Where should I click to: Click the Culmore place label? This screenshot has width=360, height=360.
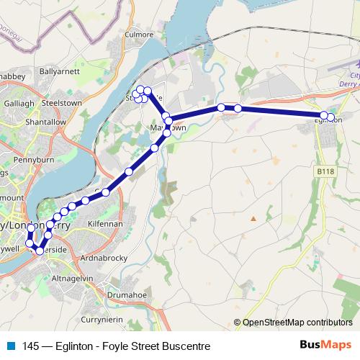click(138, 53)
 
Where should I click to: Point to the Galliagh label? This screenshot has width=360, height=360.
click(19, 103)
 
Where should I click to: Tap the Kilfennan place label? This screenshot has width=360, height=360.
click(105, 225)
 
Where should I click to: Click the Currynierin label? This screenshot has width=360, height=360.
click(104, 319)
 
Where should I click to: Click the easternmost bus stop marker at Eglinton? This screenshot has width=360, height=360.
click(330, 117)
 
